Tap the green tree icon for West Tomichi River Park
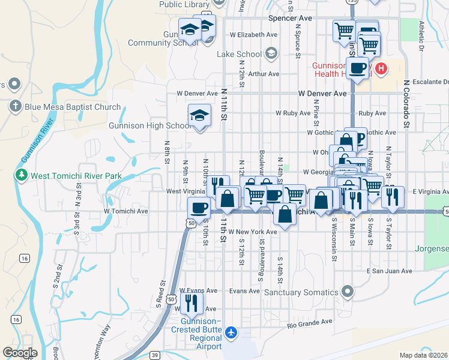(22, 176)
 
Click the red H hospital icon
(380, 70)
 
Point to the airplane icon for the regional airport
(232, 331)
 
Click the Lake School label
(238, 54)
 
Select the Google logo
(20, 352)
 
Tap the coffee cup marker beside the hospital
(358, 68)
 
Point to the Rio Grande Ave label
(309, 322)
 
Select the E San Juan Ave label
(390, 271)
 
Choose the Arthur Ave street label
(264, 74)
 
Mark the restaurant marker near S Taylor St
(393, 197)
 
